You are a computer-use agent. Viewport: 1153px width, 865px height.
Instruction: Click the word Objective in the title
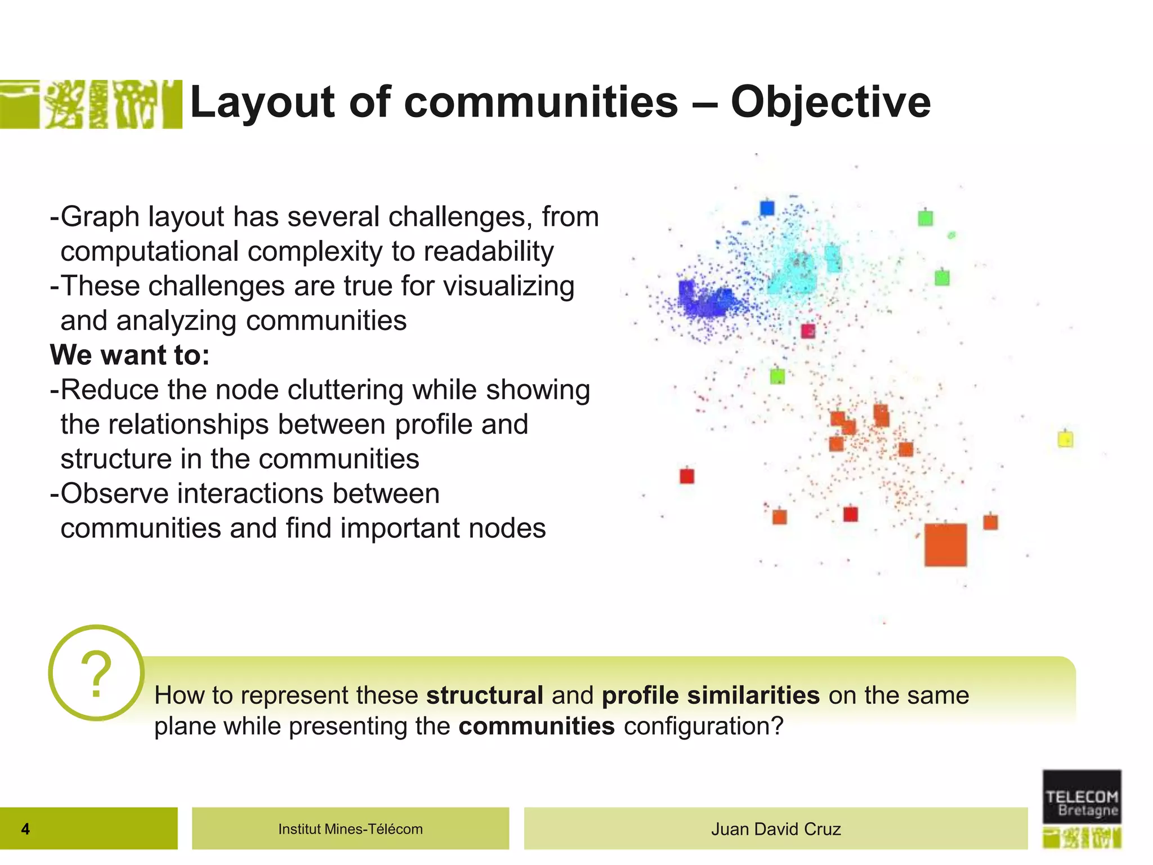pos(830,102)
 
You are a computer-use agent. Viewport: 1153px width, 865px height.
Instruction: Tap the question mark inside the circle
pos(96,674)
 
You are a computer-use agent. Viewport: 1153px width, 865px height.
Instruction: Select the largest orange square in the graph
pos(945,545)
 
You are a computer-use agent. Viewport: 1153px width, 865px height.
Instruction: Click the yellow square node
pos(1065,439)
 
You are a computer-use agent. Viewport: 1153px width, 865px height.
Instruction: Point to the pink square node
pos(808,331)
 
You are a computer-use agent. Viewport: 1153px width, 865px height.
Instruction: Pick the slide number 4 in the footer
pos(25,829)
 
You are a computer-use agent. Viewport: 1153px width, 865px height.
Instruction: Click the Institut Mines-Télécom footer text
pos(350,829)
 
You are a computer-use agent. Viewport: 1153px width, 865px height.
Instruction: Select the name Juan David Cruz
pos(775,829)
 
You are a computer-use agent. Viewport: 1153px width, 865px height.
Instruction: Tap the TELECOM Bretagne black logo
pos(1082,797)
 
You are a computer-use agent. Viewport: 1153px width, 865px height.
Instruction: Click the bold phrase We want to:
pos(129,355)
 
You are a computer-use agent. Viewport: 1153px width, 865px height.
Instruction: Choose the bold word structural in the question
pos(484,695)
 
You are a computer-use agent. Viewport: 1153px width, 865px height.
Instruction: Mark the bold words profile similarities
pos(710,695)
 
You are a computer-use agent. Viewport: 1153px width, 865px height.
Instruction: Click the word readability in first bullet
pos(489,251)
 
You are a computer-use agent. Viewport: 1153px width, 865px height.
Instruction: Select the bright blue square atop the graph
pos(767,208)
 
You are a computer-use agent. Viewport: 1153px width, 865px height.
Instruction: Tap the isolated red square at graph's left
pos(687,476)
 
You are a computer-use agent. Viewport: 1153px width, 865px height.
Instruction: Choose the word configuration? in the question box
pos(703,726)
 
